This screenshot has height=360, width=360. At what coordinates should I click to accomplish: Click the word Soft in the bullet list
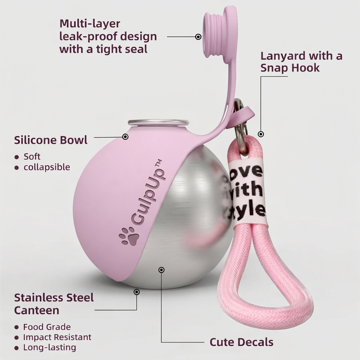click(x=32, y=157)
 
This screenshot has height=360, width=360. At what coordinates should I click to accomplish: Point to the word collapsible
click(x=47, y=167)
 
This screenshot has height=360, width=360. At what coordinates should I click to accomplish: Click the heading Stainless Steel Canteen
click(x=54, y=304)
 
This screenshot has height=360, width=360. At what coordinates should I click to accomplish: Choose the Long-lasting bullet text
click(x=49, y=347)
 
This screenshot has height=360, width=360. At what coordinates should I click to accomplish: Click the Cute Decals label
click(x=241, y=342)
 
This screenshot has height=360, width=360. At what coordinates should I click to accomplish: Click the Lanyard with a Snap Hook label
click(x=301, y=62)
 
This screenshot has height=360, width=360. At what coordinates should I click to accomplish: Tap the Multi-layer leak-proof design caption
click(x=108, y=36)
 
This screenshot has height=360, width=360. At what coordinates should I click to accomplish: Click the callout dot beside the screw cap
click(x=198, y=36)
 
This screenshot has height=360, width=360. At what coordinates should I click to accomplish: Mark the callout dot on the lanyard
click(x=261, y=134)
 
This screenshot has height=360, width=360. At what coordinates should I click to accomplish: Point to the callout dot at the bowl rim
click(x=126, y=136)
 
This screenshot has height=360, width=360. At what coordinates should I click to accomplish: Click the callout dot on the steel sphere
click(x=161, y=270)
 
